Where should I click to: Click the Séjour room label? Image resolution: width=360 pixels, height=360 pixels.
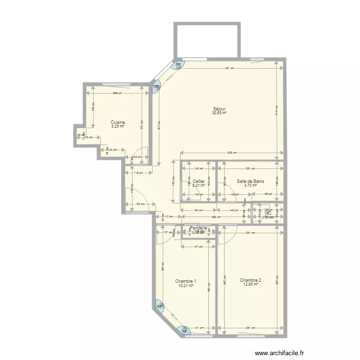pyautogui.click(x=219, y=108)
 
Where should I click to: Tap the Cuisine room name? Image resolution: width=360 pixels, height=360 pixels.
pyautogui.click(x=118, y=122)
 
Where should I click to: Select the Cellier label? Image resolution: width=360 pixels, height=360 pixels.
pyautogui.click(x=199, y=181)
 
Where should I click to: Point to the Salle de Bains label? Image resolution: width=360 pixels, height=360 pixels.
pyautogui.click(x=250, y=181)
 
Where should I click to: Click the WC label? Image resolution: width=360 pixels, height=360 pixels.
pyautogui.click(x=268, y=213)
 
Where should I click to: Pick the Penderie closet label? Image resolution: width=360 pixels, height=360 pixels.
pyautogui.click(x=198, y=228)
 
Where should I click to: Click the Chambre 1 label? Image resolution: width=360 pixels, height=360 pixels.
pyautogui.click(x=185, y=281)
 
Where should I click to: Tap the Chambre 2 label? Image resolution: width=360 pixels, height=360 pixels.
pyautogui.click(x=251, y=280)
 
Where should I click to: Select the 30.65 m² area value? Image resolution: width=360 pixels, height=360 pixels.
pyautogui.click(x=219, y=113)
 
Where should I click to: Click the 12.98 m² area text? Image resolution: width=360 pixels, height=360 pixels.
pyautogui.click(x=251, y=285)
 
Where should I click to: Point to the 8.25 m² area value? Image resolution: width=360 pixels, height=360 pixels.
pyautogui.click(x=118, y=127)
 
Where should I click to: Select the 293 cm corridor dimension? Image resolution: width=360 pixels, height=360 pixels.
pyautogui.click(x=217, y=217)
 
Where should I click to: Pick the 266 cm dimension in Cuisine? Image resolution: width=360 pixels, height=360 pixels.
pyautogui.click(x=117, y=93)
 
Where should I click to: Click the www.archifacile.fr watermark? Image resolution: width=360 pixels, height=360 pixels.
pyautogui.click(x=280, y=352)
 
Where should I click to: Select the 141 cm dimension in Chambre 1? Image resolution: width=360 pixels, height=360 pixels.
pyautogui.click(x=198, y=328)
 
